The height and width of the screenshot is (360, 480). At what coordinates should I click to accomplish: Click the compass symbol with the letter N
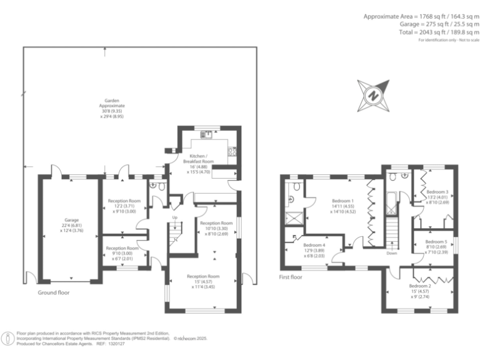coord(373,95)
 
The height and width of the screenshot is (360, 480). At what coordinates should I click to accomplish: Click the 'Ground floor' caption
coord(53,292)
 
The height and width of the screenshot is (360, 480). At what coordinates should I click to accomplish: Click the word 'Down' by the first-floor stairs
coord(391,254)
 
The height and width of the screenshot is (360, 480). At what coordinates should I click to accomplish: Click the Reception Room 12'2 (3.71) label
coord(124,206)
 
